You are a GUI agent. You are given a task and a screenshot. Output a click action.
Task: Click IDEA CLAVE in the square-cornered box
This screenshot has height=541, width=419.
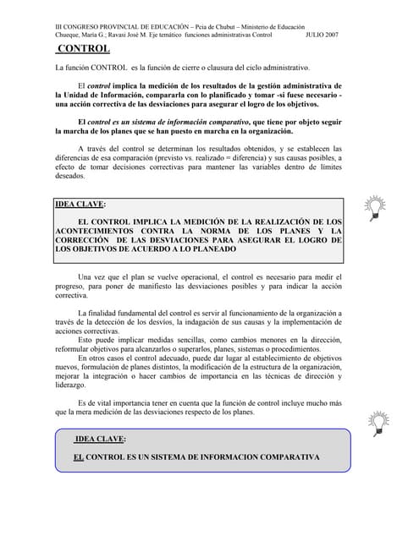80,205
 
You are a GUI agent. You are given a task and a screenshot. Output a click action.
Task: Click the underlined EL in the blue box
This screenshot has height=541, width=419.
79,457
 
